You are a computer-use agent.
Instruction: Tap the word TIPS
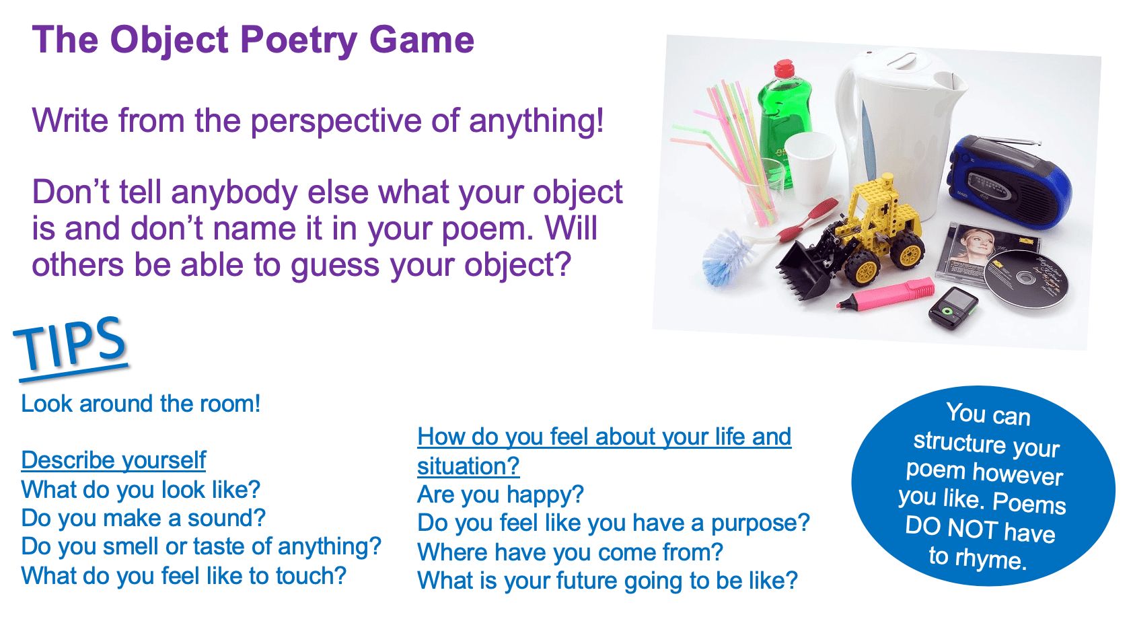71,344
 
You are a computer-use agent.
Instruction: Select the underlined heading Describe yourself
113,461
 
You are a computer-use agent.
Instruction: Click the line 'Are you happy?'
501,495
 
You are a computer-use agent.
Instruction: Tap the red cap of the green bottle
784,68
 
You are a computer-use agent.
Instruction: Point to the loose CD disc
1026,279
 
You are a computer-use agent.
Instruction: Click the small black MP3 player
953,308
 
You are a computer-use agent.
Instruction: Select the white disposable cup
810,167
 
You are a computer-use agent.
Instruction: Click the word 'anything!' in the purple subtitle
536,121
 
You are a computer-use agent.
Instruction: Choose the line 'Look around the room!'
141,404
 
